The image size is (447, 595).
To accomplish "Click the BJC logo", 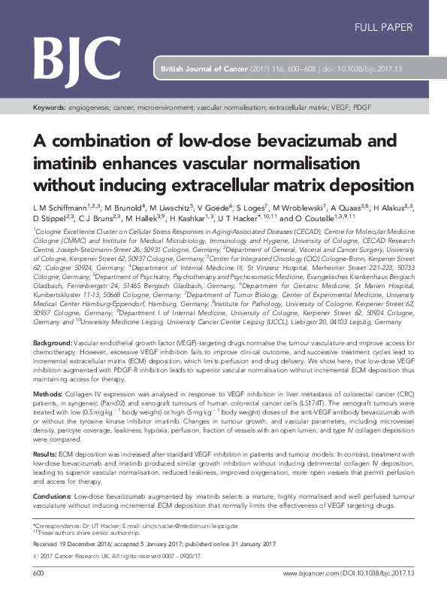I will click(77, 55).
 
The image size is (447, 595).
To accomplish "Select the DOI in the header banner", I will click(380, 69).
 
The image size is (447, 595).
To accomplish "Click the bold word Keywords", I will click(49, 108).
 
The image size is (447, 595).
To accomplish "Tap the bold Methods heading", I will click(47, 393).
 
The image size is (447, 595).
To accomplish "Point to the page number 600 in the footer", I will click(39, 573).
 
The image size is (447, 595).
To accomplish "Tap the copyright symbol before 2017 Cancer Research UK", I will click(36, 557).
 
